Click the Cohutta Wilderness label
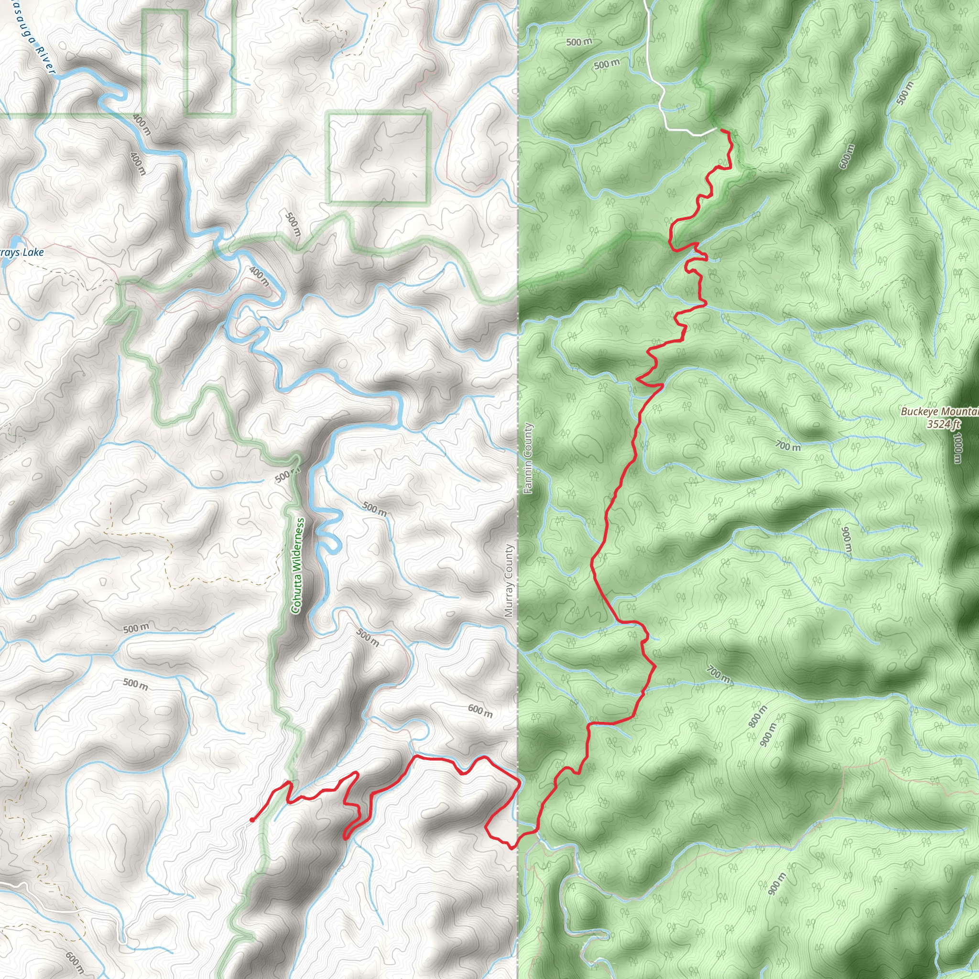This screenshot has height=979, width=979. [x=298, y=565]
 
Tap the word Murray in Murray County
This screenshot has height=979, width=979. [x=509, y=599]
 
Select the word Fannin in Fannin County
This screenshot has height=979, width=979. [x=528, y=481]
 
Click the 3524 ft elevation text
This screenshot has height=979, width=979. [x=943, y=424]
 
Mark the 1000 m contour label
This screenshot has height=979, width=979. [x=956, y=447]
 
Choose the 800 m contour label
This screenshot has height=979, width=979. [x=758, y=716]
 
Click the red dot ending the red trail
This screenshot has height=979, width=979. [x=252, y=820]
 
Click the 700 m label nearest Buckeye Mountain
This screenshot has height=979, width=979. [x=788, y=446]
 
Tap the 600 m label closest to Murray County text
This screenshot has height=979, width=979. [x=479, y=711]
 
